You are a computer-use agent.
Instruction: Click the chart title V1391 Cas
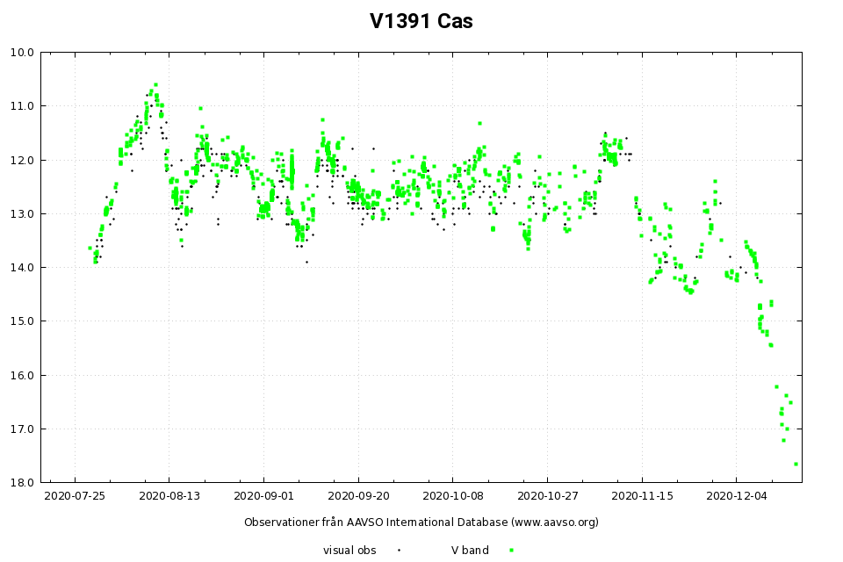click(x=421, y=21)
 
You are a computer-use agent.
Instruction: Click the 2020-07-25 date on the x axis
click(x=75, y=496)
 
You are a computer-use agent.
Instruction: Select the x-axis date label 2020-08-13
click(x=169, y=496)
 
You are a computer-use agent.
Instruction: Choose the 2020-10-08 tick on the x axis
click(x=453, y=496)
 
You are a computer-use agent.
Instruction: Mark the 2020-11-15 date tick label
click(x=642, y=496)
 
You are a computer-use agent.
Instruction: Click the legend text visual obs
click(x=349, y=551)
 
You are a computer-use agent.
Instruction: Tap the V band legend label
click(x=470, y=551)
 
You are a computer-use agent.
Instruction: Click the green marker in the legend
click(x=511, y=551)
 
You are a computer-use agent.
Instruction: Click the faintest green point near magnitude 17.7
click(x=796, y=464)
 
